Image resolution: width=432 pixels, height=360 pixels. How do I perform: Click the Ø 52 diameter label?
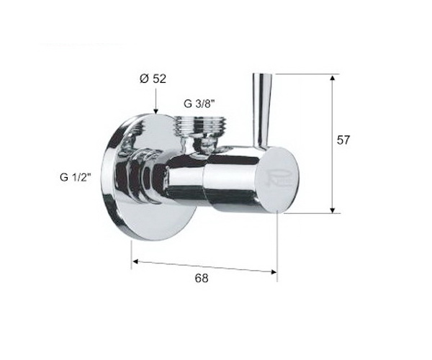tap(153, 79)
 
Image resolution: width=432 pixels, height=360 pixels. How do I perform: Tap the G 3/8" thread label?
tap(199, 104)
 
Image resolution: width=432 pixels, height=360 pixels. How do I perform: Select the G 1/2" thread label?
tap(75, 177)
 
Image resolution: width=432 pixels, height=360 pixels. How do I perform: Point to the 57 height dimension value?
tap(343, 140)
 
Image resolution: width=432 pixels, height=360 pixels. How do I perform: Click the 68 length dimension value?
tap(202, 278)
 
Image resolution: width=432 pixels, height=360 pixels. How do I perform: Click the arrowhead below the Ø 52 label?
tap(156, 112)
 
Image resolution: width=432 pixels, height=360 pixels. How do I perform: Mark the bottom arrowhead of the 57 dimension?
tap(333, 210)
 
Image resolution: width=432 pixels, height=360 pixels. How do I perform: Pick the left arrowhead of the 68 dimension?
tap(135, 261)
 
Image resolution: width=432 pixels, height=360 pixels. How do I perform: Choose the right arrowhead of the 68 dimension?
tap(274, 272)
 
